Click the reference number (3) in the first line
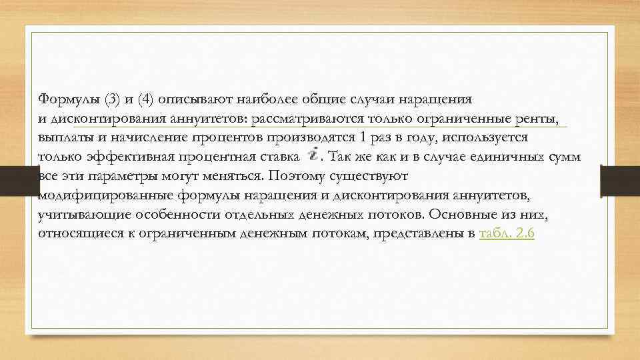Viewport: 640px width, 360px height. click(x=111, y=99)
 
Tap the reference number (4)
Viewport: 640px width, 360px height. click(x=145, y=99)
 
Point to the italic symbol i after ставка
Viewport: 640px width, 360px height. click(x=313, y=155)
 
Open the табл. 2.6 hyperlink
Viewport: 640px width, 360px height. click(x=507, y=235)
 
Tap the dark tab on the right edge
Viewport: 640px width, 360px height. click(x=621, y=181)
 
